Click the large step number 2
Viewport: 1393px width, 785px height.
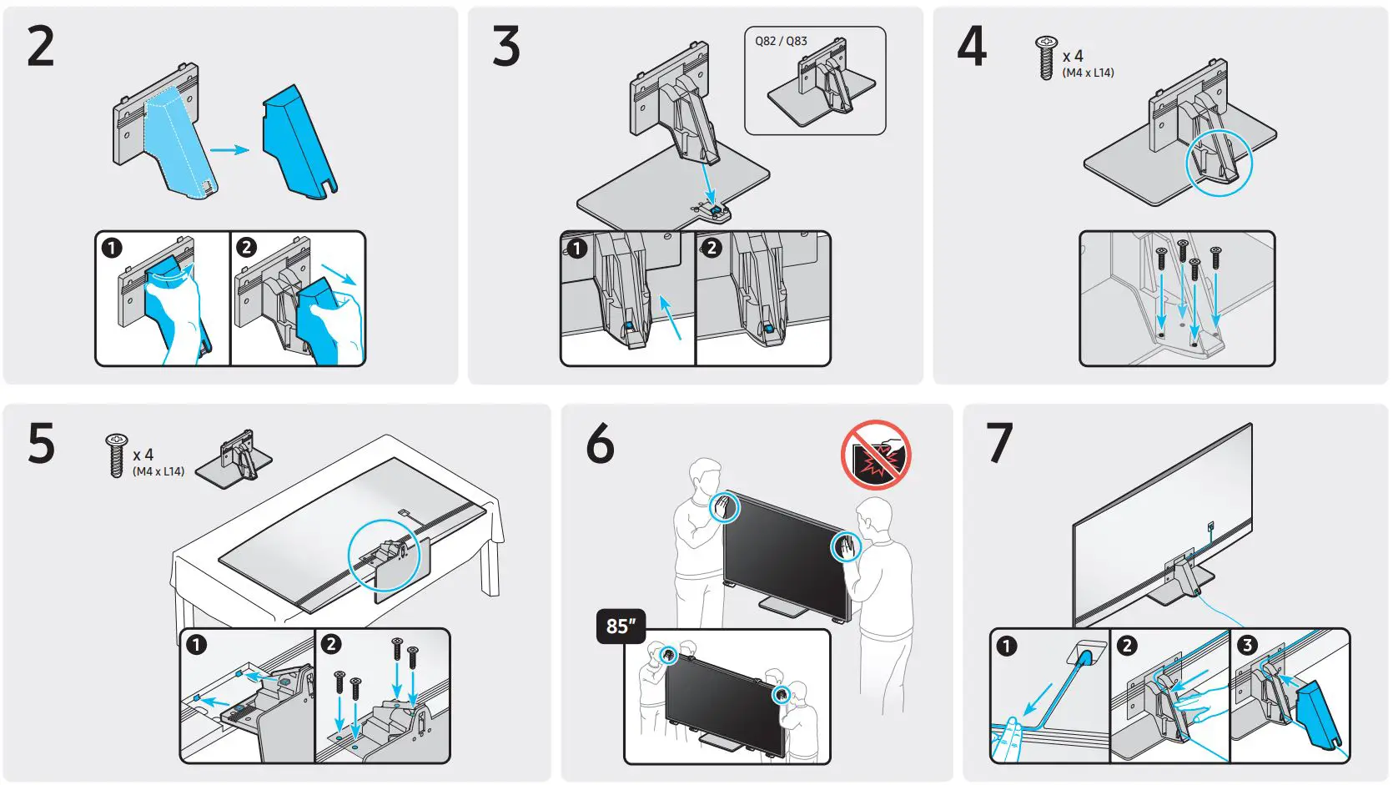tap(41, 47)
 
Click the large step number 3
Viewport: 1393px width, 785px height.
tap(506, 47)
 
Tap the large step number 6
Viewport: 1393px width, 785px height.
tap(601, 444)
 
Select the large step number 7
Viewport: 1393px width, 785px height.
tap(999, 444)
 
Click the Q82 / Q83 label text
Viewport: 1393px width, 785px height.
tap(781, 41)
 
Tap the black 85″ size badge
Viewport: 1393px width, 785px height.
tap(621, 626)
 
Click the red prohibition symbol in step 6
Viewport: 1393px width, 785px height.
tap(876, 455)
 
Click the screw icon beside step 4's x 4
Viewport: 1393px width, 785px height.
tap(1046, 58)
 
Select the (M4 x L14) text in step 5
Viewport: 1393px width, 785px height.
tap(158, 471)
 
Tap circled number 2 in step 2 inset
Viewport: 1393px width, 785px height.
tap(246, 248)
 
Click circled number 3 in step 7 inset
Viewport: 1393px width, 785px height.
tap(1247, 645)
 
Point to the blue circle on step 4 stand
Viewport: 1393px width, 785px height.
tap(1219, 163)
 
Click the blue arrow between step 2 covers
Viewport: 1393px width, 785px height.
tap(229, 150)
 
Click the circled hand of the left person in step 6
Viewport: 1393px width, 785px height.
tap(724, 507)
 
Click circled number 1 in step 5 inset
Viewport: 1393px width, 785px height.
tap(196, 645)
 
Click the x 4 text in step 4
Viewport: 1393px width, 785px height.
tap(1073, 56)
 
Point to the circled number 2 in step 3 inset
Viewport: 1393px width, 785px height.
tap(712, 248)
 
